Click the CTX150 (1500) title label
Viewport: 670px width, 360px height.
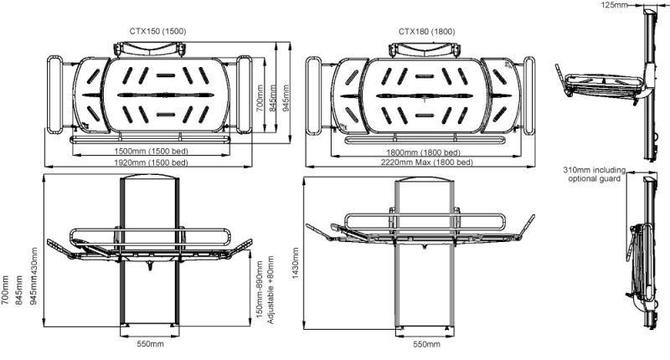tap(157, 31)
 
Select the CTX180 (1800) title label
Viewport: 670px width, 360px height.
tap(426, 31)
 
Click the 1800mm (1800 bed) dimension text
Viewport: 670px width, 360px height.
tap(416, 152)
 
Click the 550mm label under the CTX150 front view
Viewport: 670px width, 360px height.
tap(150, 344)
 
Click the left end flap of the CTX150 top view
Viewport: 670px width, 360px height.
tap(54, 94)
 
